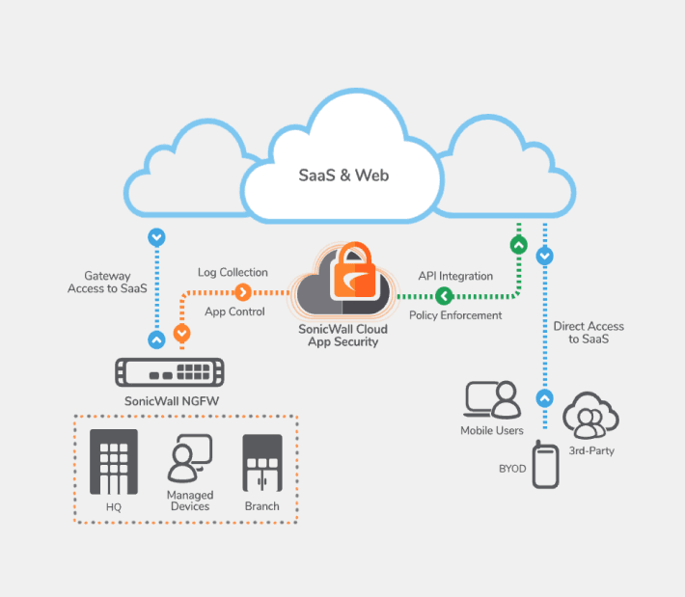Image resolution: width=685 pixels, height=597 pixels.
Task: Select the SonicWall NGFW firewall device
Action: [170, 374]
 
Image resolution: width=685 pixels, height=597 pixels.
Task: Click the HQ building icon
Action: [114, 461]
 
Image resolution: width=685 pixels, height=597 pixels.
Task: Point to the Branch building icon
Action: [261, 464]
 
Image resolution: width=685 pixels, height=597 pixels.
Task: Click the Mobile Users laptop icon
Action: [492, 399]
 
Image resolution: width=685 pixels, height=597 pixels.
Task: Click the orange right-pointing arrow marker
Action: [243, 292]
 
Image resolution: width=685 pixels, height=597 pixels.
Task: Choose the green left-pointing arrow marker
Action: [444, 295]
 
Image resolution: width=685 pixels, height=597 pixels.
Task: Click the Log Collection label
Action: [233, 273]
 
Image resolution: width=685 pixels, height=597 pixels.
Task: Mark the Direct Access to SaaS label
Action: [589, 333]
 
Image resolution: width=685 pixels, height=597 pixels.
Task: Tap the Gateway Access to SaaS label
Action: [106, 282]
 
